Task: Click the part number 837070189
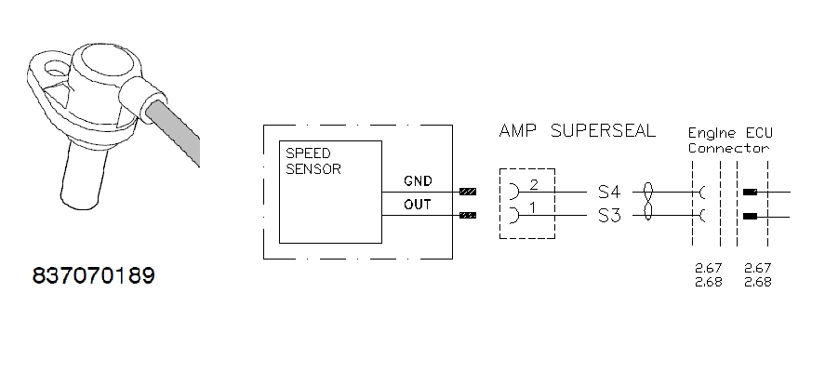[92, 276]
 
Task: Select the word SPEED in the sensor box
[307, 153]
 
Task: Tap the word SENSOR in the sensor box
[313, 169]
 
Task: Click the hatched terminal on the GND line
[468, 193]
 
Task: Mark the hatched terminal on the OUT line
[468, 216]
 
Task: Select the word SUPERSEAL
[603, 130]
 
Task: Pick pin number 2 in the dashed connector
[534, 185]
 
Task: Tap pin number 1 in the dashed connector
[534, 208]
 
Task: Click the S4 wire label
[608, 192]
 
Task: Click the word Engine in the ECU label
[711, 134]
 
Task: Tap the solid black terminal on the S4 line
[749, 193]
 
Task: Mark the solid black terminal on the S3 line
[749, 216]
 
